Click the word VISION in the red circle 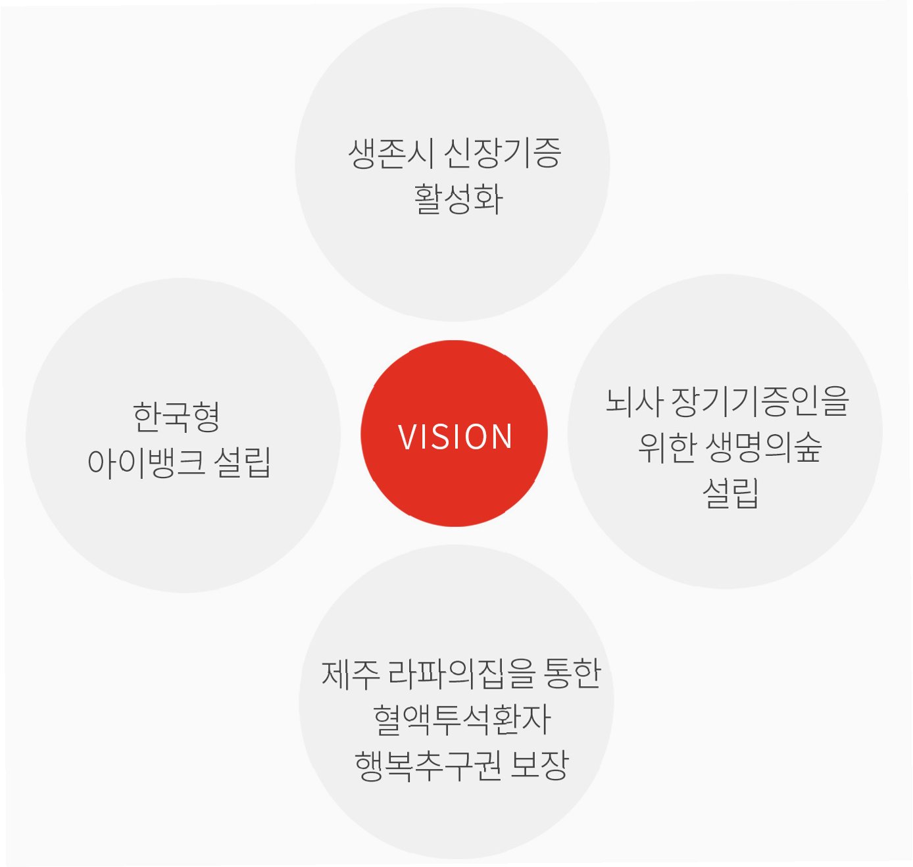(455, 437)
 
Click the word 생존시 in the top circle (391, 153)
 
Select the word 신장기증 (502, 153)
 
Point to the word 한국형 (176, 417)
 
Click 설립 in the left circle (243, 462)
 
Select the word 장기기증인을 (760, 401)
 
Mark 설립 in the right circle (731, 493)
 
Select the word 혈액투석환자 (461, 719)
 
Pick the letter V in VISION (407, 437)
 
